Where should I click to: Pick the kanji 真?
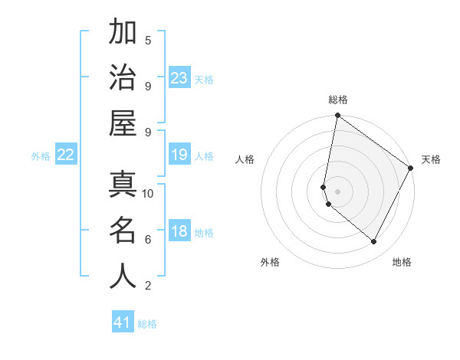[x=123, y=184]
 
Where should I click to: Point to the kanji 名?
[x=123, y=230]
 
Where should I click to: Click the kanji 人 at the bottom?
[x=123, y=276]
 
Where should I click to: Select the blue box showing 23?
[x=179, y=77]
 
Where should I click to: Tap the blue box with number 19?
[x=179, y=155]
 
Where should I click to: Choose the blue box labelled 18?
[x=179, y=232]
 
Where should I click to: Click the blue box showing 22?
[x=66, y=155]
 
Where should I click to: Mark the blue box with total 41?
[x=123, y=322]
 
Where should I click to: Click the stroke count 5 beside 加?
[x=148, y=40]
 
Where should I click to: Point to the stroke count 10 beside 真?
[x=148, y=193]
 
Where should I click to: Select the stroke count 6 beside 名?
[x=148, y=239]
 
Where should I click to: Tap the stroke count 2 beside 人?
[x=148, y=286]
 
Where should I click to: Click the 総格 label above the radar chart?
[x=338, y=100]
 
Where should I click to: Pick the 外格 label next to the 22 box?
[x=41, y=156]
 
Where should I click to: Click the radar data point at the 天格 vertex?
[x=411, y=169]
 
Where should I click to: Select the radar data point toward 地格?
[x=373, y=241]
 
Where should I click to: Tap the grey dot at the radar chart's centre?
[x=337, y=191]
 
